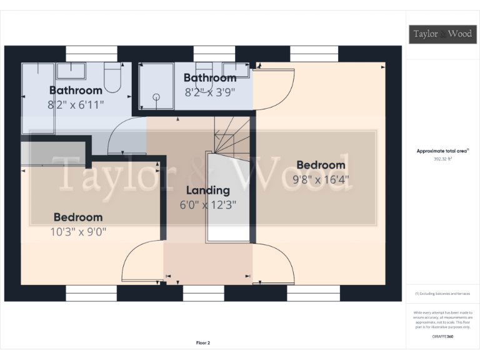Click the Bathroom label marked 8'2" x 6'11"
tap(76, 91)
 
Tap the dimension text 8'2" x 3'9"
tap(210, 92)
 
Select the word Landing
tap(208, 190)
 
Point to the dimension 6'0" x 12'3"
tap(208, 204)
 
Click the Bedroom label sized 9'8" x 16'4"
tap(321, 165)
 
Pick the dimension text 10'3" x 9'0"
tap(78, 231)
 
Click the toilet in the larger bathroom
tap(112, 76)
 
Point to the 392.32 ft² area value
tap(442, 159)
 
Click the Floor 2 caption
tap(202, 342)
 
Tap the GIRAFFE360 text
tap(442, 337)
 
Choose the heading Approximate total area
tap(442, 151)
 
